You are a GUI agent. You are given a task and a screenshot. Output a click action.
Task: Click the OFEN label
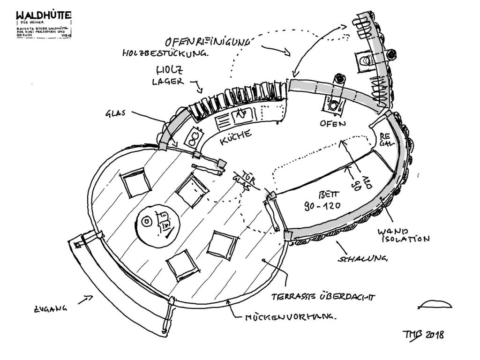pyautogui.click(x=332, y=124)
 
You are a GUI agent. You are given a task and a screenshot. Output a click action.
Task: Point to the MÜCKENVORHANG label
pyautogui.click(x=291, y=318)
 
